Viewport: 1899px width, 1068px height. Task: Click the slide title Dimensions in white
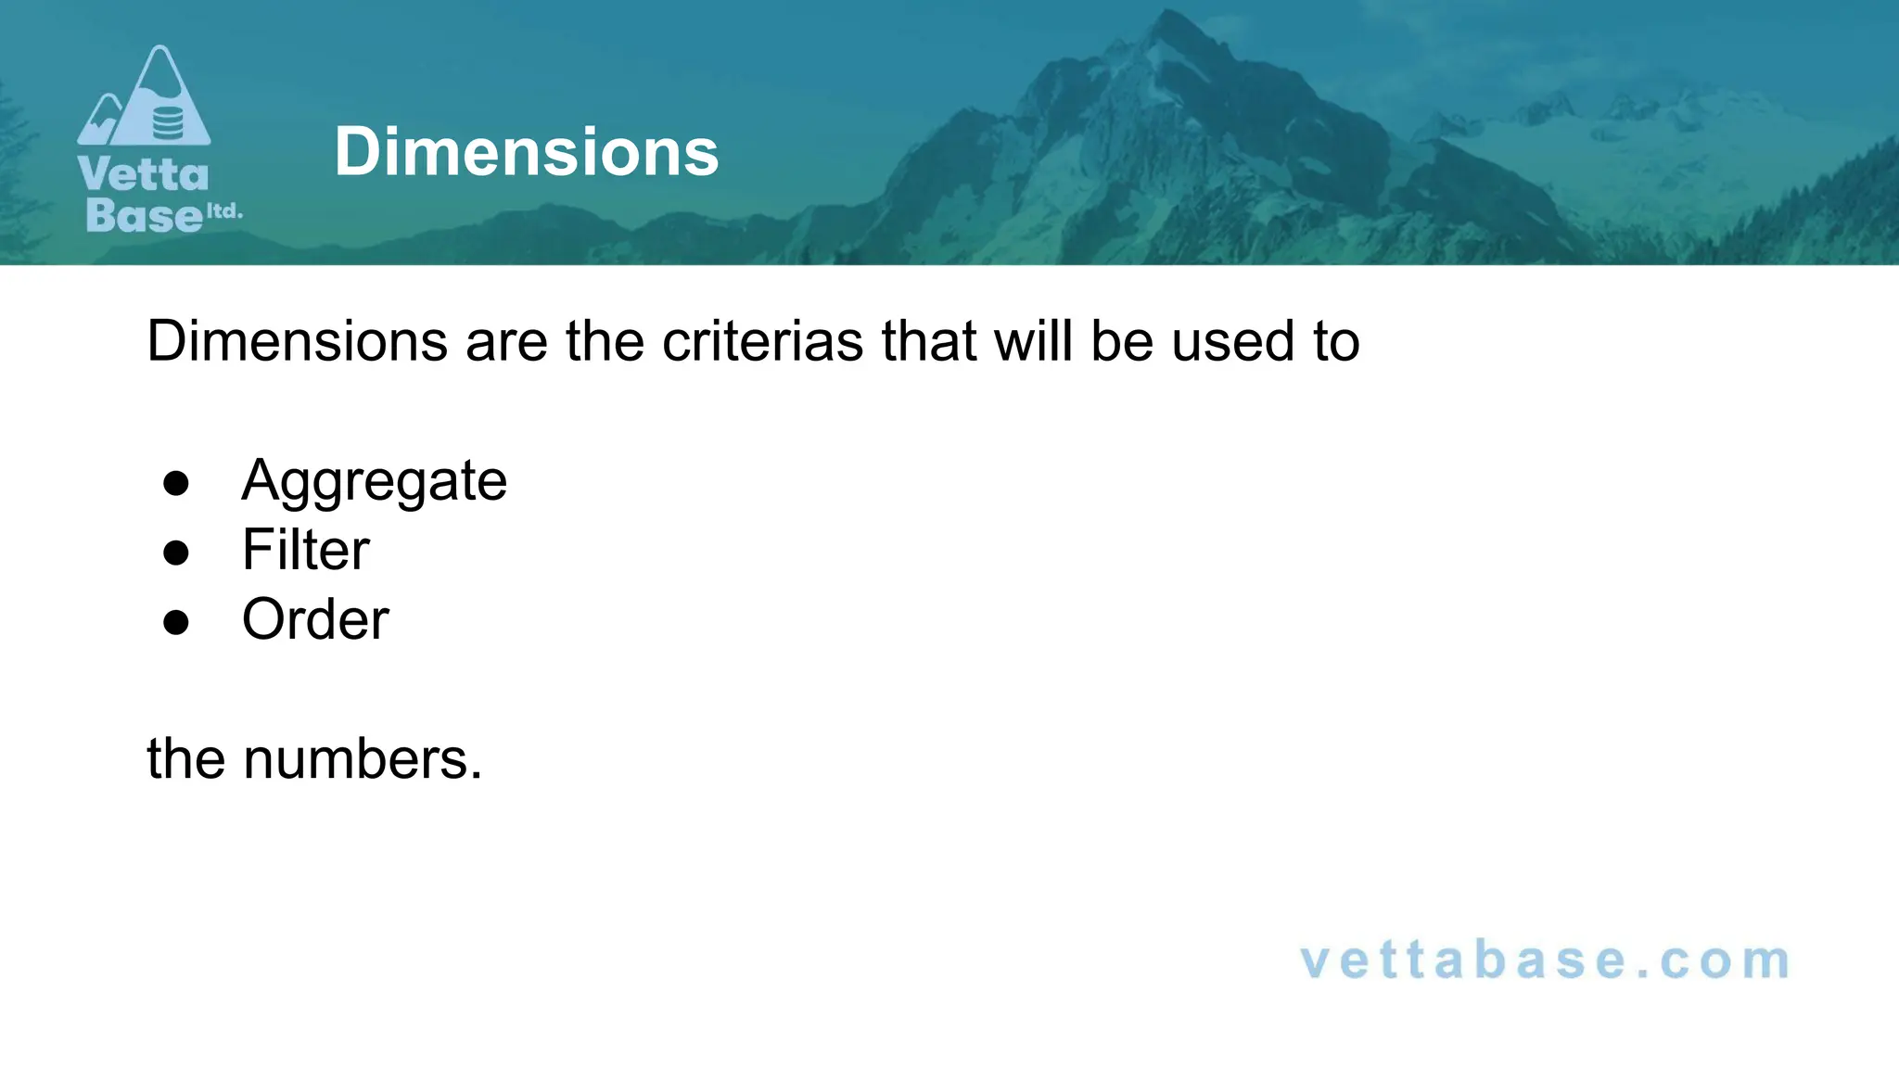(x=526, y=152)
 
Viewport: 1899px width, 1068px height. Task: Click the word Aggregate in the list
(x=374, y=481)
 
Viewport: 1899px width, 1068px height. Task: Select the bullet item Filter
(x=305, y=550)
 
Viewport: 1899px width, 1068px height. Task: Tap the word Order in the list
(x=315, y=619)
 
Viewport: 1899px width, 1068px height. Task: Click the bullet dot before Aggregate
(x=175, y=483)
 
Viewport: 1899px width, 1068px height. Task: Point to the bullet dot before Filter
(x=175, y=553)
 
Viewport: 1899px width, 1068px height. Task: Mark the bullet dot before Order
(x=175, y=622)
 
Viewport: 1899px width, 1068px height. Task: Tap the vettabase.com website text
(x=1545, y=960)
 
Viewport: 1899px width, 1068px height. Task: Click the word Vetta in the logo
(x=143, y=175)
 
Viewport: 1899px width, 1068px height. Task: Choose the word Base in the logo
(x=143, y=215)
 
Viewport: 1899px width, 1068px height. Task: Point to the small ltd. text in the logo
(x=223, y=211)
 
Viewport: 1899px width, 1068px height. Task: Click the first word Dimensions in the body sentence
(x=297, y=341)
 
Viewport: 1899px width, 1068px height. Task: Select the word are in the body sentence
(x=506, y=341)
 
